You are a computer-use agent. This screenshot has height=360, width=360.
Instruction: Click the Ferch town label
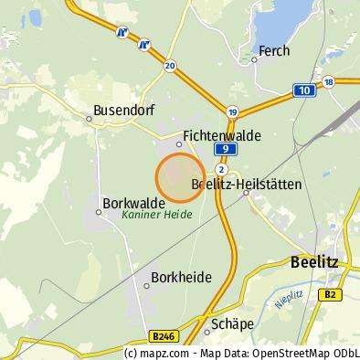point(274,51)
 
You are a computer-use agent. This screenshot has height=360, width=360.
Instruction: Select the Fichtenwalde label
point(222,134)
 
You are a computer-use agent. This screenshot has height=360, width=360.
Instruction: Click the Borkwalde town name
point(133,202)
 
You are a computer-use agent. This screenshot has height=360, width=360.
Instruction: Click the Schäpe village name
point(230,323)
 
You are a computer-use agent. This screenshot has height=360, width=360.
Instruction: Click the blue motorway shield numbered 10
point(303,90)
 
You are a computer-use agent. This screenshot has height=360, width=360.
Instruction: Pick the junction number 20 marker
point(170,66)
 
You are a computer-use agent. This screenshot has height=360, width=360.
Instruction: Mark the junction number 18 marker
point(328,81)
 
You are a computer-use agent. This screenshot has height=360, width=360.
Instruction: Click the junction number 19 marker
point(233,111)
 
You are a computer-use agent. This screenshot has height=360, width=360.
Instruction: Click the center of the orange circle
point(180,177)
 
